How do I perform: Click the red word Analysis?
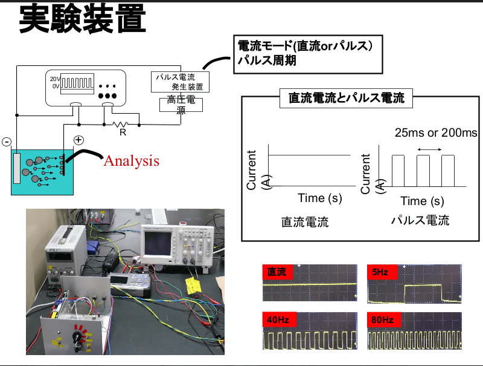point(131,161)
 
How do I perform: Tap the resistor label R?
point(123,131)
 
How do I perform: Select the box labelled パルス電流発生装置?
point(180,82)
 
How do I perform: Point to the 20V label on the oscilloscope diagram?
point(55,79)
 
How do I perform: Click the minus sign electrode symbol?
point(7,142)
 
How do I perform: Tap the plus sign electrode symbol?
point(78,140)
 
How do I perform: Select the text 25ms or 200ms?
point(435,132)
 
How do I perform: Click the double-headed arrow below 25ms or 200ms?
point(429,149)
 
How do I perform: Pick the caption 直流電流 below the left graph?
point(305,222)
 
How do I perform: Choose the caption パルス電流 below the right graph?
point(420,221)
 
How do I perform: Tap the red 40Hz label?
point(279,319)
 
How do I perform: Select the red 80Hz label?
point(383,319)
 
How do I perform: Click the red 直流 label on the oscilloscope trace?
point(277,273)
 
